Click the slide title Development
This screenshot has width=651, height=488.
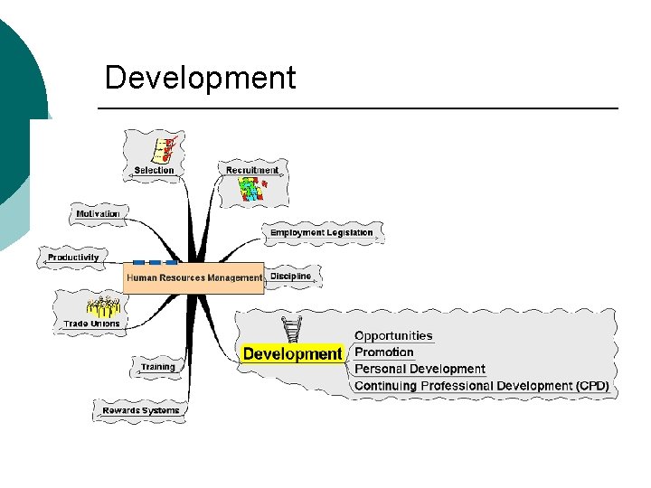[x=200, y=79]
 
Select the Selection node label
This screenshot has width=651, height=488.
[x=154, y=170]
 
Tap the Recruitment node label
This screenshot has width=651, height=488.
[x=252, y=170]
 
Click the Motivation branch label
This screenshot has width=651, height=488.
[x=98, y=214]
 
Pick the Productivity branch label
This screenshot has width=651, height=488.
[x=73, y=258]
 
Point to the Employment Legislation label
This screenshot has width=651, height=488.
[x=321, y=233]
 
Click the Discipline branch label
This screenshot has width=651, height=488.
[x=290, y=277]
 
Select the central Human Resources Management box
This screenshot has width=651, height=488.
[x=193, y=278]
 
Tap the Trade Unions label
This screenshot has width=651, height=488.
[x=91, y=324]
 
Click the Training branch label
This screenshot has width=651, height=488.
[x=157, y=368]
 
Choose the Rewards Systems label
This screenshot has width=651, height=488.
[x=140, y=411]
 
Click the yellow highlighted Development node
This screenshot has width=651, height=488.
[x=293, y=354]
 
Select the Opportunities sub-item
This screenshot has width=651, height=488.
[x=393, y=336]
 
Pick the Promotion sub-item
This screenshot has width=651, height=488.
[x=384, y=352]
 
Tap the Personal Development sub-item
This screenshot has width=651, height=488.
[x=420, y=369]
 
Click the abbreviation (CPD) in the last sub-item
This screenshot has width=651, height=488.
[x=592, y=386]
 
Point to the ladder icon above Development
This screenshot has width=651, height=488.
[x=291, y=330]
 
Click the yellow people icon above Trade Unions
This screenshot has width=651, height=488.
[x=102, y=306]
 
